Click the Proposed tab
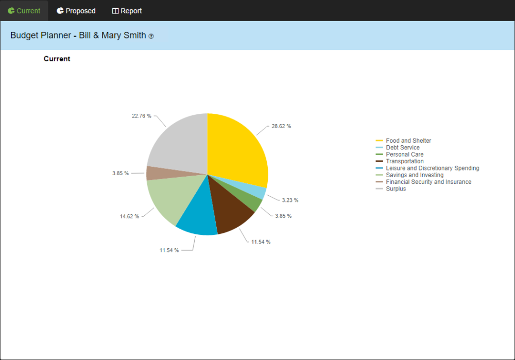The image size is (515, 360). pos(76,11)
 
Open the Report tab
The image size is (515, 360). pos(127,11)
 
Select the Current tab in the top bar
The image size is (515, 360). pos(24,11)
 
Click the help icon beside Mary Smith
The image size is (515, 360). pos(151,37)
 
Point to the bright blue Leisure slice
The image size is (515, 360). pos(197,216)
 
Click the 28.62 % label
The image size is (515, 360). pos(282,126)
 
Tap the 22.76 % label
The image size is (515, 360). pos(142,116)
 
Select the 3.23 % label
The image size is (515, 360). pos(290,200)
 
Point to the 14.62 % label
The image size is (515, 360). pos(129,216)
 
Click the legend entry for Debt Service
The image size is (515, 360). pos(403,148)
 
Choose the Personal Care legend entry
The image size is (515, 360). pos(405,155)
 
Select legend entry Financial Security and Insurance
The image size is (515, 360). pos(428,182)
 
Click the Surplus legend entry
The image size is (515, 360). pos(396,189)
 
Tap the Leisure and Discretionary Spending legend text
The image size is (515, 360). pos(433,168)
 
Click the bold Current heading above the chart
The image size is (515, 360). pos(57,59)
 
